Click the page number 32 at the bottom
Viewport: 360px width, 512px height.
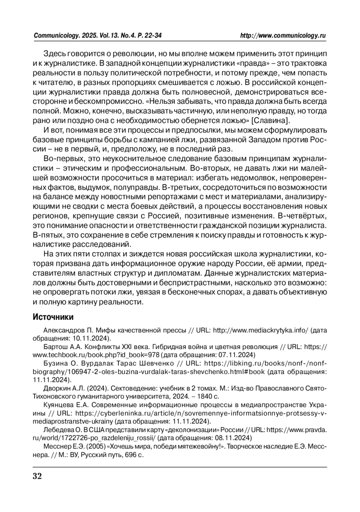click(37, 476)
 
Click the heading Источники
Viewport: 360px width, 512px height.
click(53, 317)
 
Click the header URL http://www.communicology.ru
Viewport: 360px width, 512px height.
click(283, 36)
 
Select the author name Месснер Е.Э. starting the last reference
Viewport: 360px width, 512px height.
click(64, 446)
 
